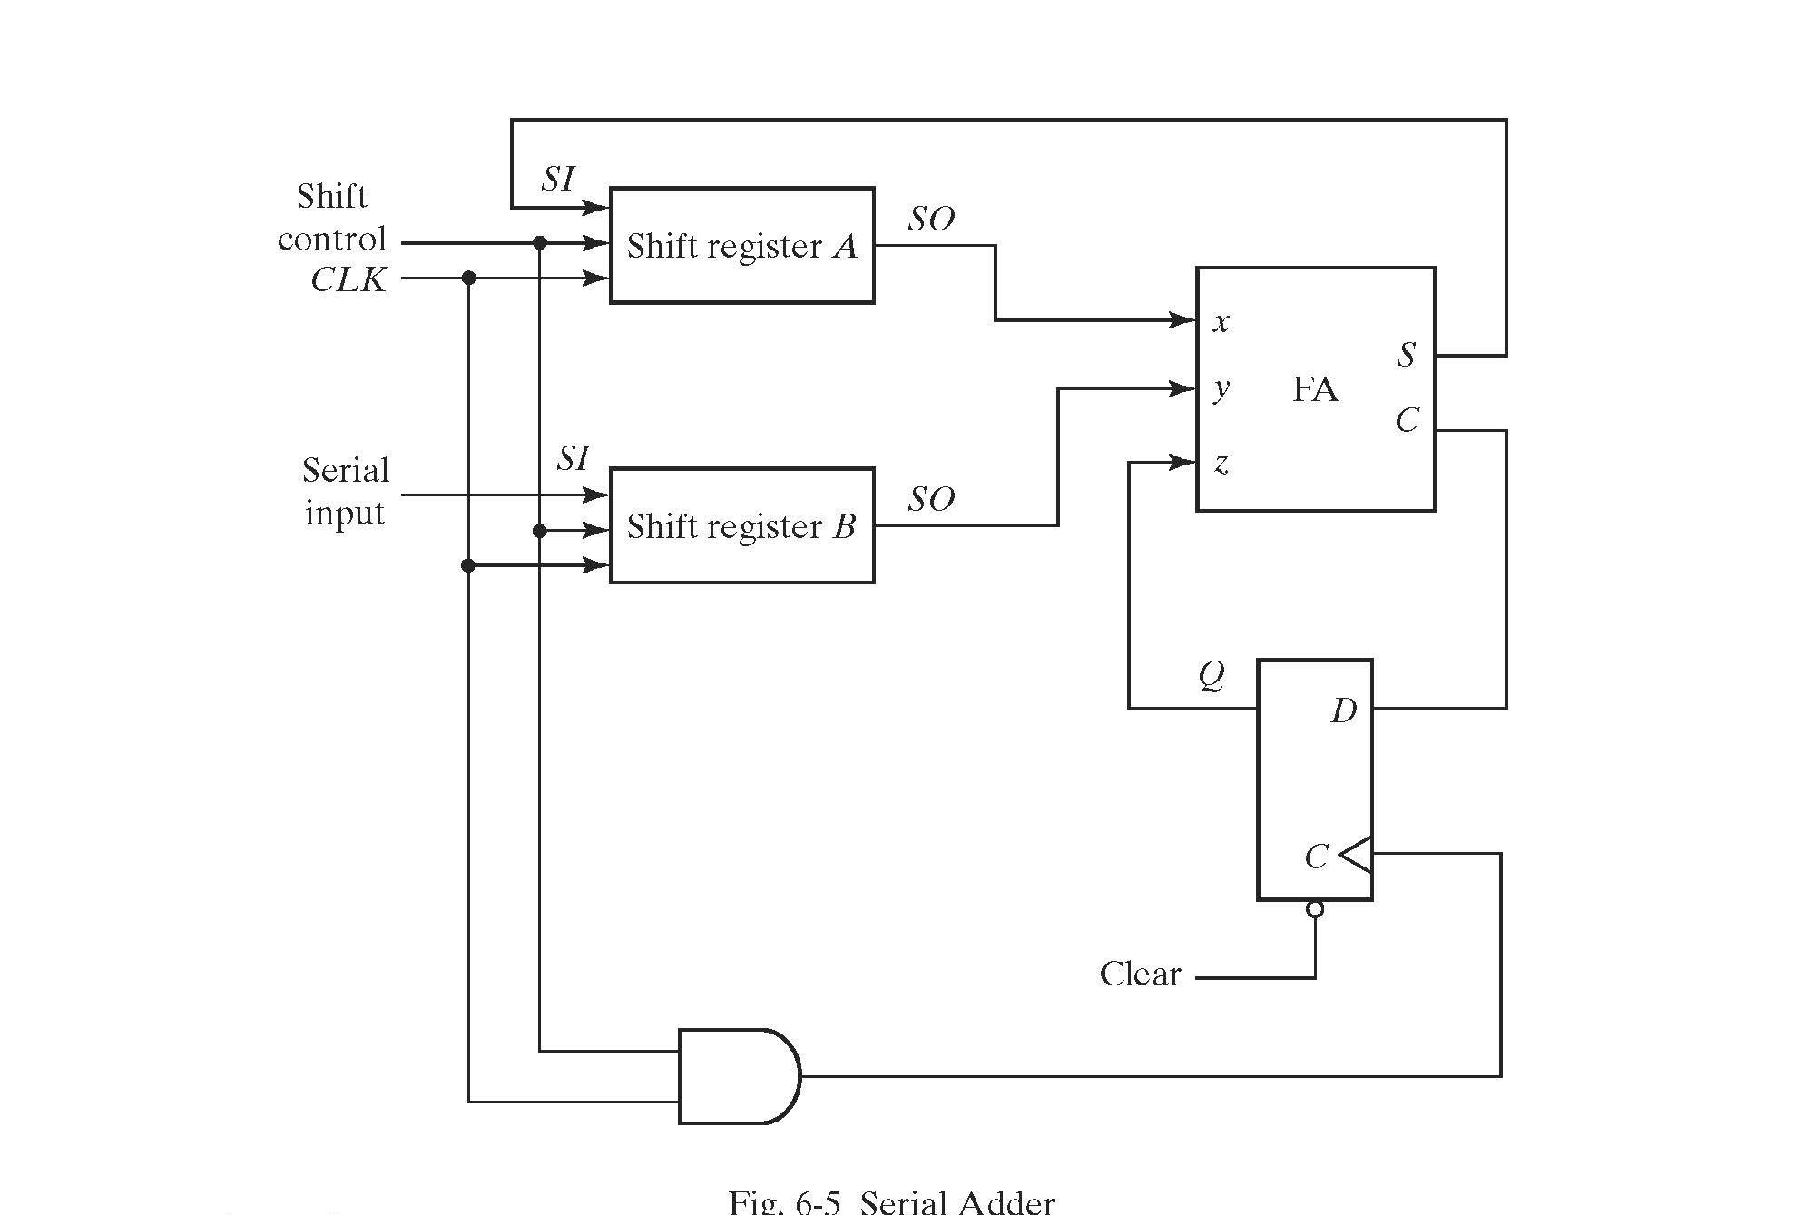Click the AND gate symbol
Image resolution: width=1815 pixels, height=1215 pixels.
(x=737, y=1076)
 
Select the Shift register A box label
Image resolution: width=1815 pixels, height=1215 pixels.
(x=741, y=246)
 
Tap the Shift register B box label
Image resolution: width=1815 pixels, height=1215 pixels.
(x=741, y=526)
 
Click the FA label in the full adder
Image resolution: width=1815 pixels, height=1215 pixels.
(x=1315, y=389)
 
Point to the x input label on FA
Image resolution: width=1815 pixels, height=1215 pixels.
(x=1221, y=321)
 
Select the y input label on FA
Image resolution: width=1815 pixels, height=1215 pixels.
(x=1221, y=389)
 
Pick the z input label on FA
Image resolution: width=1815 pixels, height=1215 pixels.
(x=1221, y=464)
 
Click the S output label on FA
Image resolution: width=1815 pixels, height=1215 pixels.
(x=1407, y=354)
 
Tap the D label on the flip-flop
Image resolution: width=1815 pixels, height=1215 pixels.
(x=1344, y=710)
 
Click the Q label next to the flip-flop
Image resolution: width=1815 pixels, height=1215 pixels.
(x=1212, y=675)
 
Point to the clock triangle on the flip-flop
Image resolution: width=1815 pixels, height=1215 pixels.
(x=1356, y=854)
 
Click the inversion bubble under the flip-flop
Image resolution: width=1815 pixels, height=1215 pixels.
(x=1315, y=908)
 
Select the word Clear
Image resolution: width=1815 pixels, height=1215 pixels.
(x=1140, y=974)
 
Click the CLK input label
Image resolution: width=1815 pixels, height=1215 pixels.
(x=348, y=279)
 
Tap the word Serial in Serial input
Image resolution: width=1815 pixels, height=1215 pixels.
(x=345, y=470)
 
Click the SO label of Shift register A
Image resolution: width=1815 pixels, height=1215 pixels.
(x=931, y=219)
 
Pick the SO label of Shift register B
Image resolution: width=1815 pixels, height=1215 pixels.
(x=931, y=499)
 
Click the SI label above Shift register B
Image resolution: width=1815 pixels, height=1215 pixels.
(x=573, y=458)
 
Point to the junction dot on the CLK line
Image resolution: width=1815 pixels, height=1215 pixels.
(x=468, y=279)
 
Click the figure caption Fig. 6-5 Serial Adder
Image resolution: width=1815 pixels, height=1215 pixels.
(x=891, y=1202)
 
